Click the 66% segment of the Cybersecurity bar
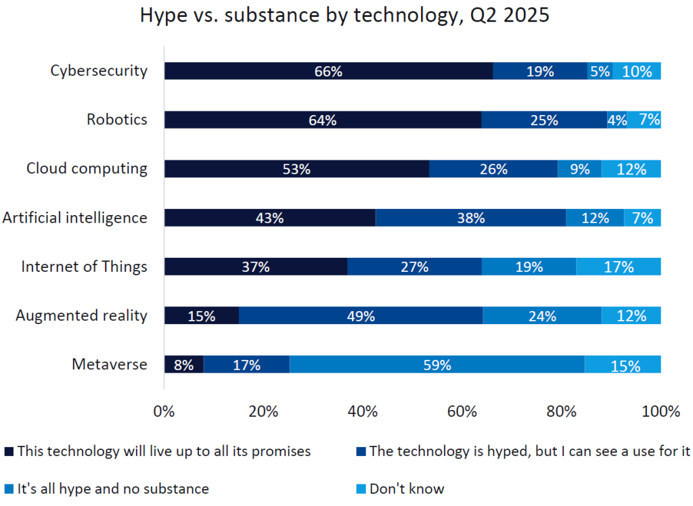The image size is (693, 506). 328,71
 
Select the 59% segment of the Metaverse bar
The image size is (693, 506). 437,365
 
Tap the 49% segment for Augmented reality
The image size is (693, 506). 361,315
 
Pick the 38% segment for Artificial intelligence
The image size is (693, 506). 470,218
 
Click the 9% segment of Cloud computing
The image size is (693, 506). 579,169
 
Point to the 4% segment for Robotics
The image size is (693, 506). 617,120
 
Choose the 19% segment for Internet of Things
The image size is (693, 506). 529,267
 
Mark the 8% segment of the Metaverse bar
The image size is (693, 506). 183,365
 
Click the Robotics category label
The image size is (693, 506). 116,120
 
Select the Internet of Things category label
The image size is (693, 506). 84,266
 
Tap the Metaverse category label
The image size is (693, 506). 109,364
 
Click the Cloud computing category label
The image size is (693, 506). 87,168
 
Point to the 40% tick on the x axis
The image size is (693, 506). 363,411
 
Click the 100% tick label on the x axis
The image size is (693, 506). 661,411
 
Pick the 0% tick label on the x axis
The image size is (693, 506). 164,411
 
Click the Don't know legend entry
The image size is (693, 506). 406,488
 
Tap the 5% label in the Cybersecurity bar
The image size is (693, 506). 600,71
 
